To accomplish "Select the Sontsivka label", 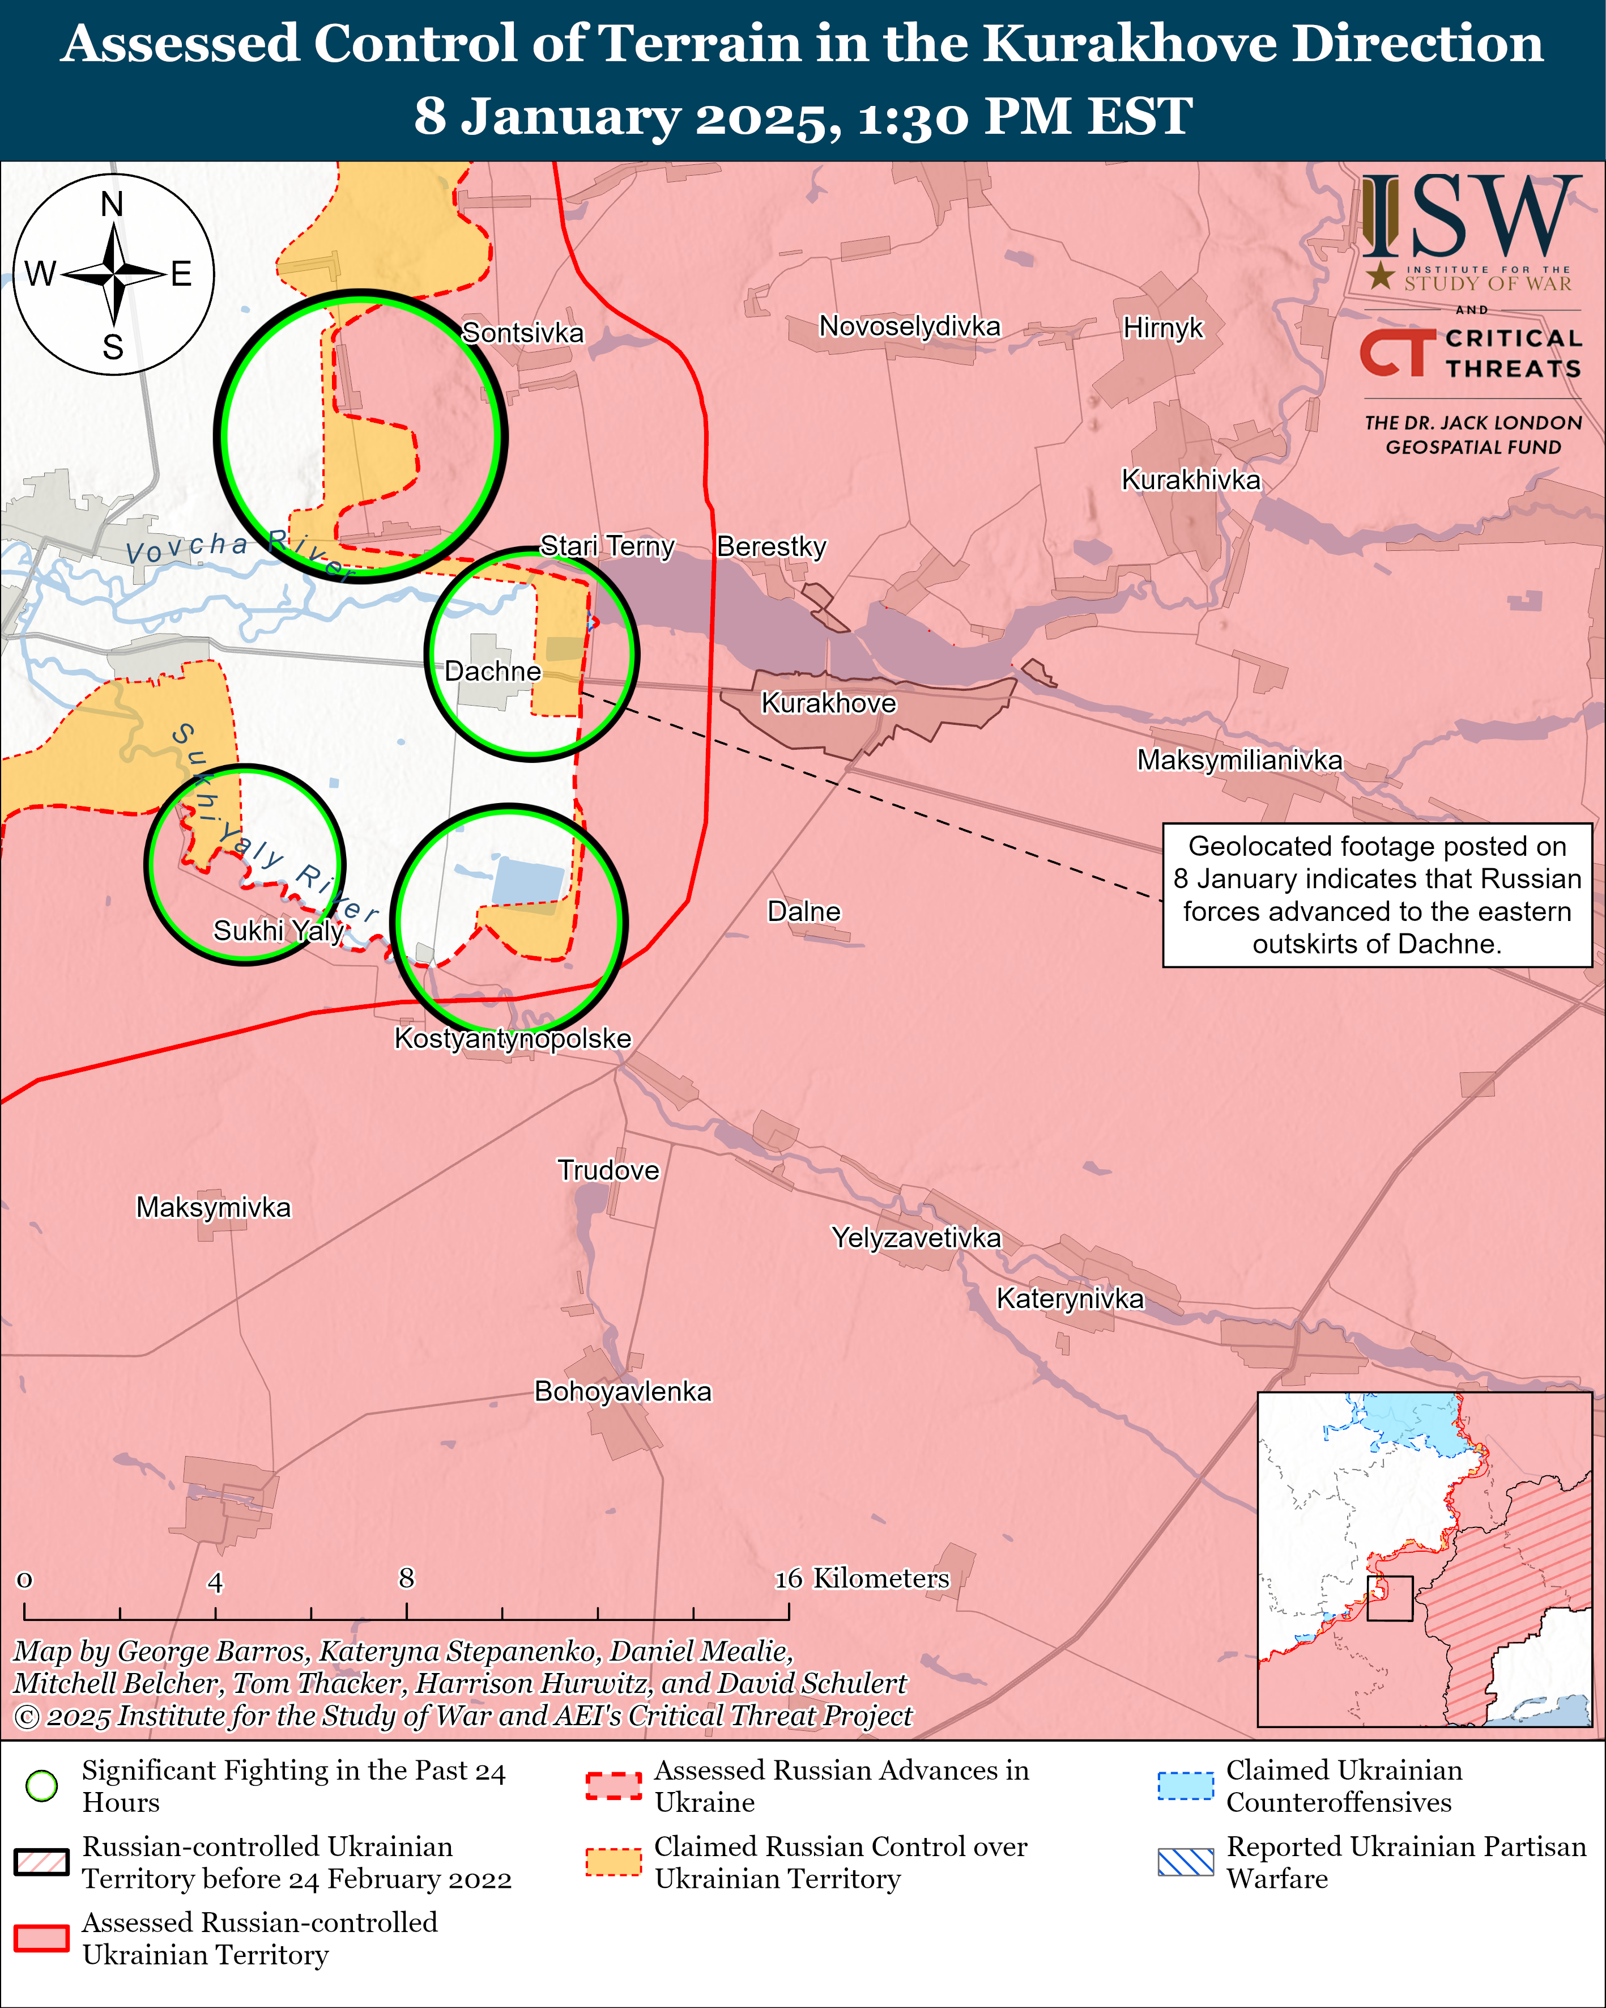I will click(523, 333).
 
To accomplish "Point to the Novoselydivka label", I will click(910, 326).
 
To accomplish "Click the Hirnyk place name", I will click(1163, 328).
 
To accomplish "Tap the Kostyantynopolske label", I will click(513, 1038).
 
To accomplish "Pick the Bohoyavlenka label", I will click(623, 1391).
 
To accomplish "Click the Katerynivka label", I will click(1070, 1298).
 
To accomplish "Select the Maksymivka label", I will click(213, 1207).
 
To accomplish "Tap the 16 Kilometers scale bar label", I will click(862, 1578).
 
